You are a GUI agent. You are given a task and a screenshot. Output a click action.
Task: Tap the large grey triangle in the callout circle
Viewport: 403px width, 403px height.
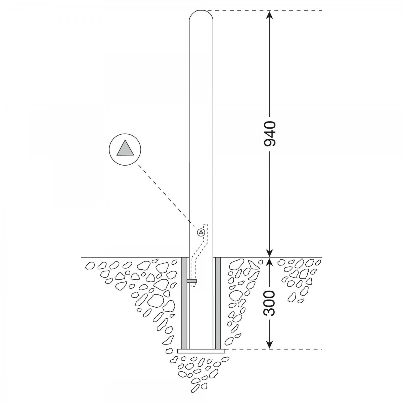(x=125, y=148)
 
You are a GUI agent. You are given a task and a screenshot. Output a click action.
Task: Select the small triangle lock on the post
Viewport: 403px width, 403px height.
(x=201, y=232)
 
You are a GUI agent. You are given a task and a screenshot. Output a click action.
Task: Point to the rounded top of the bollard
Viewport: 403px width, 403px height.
(x=201, y=15)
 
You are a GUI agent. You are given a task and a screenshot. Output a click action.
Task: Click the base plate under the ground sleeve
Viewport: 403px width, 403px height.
(x=201, y=351)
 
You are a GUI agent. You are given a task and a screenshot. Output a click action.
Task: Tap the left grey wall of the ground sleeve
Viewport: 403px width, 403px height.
(x=184, y=303)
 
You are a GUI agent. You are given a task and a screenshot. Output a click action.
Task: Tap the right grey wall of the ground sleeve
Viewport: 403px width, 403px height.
(x=218, y=303)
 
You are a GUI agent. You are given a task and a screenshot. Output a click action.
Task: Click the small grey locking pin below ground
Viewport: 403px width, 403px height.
(x=192, y=281)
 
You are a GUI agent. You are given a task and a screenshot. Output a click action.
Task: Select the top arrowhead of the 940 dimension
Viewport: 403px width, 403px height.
(x=270, y=15)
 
